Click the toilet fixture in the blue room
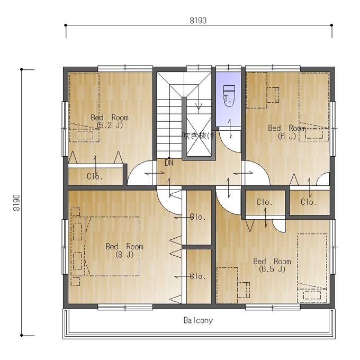(x=229, y=96)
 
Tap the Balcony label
(x=198, y=320)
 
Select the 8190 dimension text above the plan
(x=198, y=21)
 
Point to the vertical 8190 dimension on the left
(x=16, y=202)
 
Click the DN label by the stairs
(x=169, y=163)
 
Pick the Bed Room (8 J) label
(x=124, y=250)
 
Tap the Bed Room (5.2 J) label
(x=110, y=121)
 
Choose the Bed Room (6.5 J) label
(x=272, y=265)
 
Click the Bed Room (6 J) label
(x=287, y=132)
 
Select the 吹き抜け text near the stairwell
(x=199, y=136)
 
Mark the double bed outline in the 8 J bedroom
(x=112, y=246)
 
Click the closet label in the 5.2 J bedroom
(x=95, y=176)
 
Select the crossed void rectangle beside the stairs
(x=199, y=135)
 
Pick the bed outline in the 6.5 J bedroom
(x=312, y=268)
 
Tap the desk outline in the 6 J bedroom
(x=256, y=90)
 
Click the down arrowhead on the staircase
(x=199, y=107)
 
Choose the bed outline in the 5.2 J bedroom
(x=84, y=107)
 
